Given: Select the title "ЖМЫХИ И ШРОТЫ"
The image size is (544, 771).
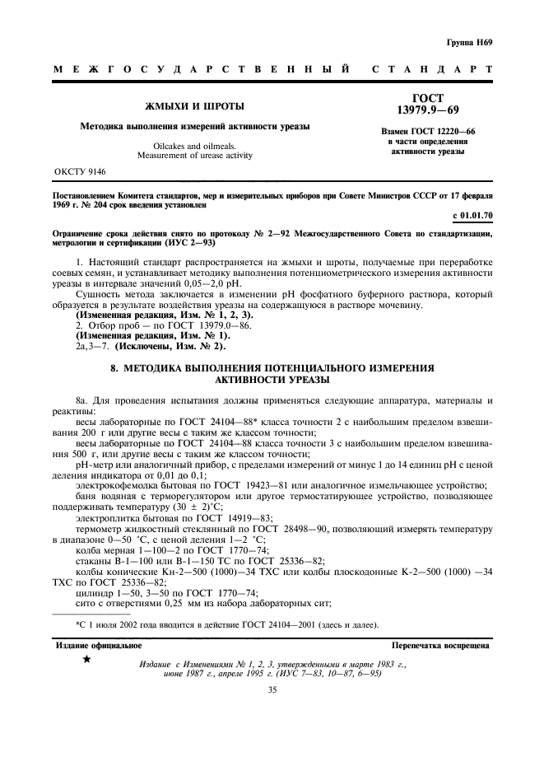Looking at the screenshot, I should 194,107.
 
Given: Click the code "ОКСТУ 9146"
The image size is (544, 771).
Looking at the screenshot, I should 81,172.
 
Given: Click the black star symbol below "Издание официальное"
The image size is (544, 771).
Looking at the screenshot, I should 87,661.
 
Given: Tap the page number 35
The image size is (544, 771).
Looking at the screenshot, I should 272,690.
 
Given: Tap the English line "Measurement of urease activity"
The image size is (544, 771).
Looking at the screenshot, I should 194,155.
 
